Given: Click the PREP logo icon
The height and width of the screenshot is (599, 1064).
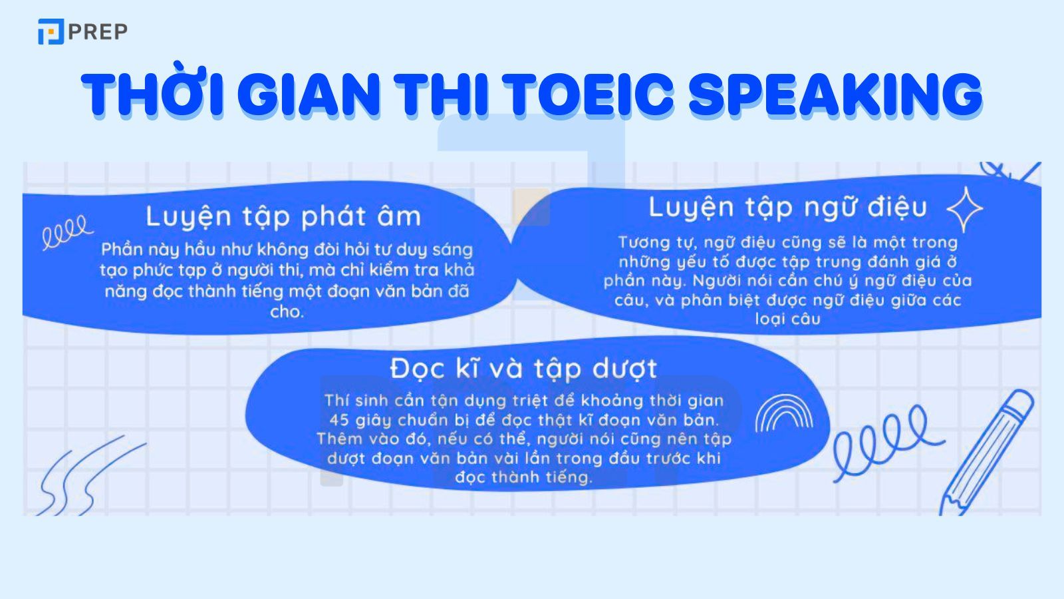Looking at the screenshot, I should tap(51, 32).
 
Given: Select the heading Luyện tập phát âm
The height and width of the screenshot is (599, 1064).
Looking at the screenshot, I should tap(283, 216).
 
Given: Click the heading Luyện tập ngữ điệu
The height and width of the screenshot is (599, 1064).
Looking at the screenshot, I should tap(787, 207).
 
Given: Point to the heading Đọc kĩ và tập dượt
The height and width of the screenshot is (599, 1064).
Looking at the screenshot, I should tap(524, 368).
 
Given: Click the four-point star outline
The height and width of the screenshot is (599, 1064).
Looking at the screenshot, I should tap(964, 209).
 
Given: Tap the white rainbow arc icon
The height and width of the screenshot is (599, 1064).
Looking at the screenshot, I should tap(784, 413).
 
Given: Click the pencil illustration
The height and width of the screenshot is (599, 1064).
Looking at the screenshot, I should tap(988, 453).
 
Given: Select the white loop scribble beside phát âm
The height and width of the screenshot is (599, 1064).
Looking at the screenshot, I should tap(66, 231).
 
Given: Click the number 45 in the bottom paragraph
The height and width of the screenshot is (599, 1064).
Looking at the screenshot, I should tap(339, 420).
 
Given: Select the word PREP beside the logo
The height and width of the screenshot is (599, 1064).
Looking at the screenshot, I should tap(98, 32).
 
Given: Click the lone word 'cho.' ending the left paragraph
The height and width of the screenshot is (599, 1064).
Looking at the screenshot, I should tap(287, 311).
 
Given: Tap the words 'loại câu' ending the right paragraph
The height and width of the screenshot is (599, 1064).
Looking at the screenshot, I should tap(787, 319).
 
